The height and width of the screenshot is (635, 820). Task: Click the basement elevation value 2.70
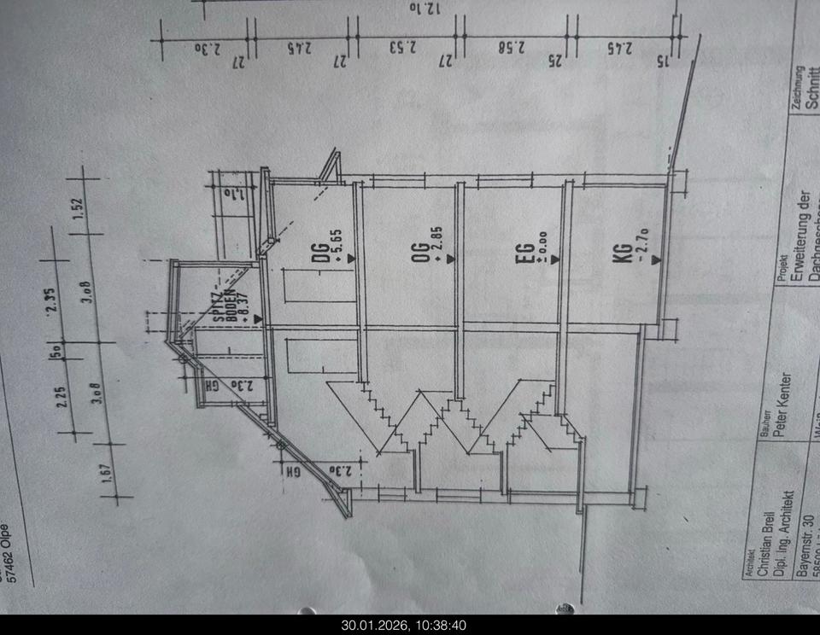coord(642,247)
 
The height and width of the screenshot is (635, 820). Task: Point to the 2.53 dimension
coord(402,49)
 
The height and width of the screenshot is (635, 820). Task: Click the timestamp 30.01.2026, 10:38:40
coord(405,626)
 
